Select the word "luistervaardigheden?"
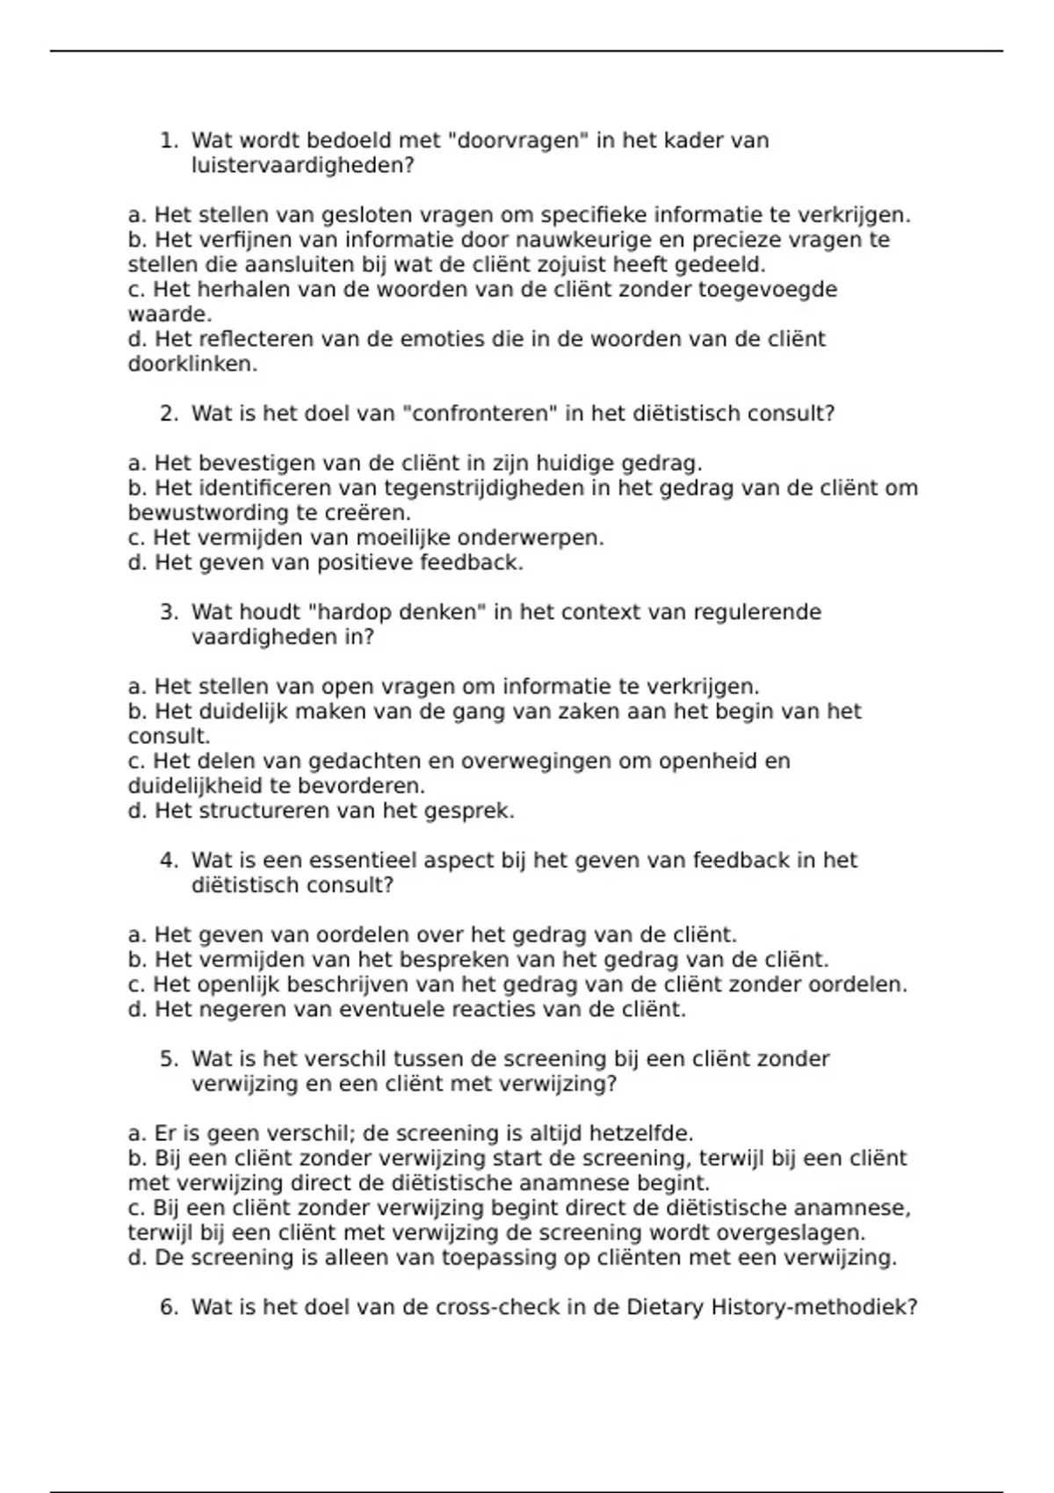coord(302,165)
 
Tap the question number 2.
coord(169,414)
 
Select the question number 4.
coord(169,861)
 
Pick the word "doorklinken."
coord(192,364)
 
